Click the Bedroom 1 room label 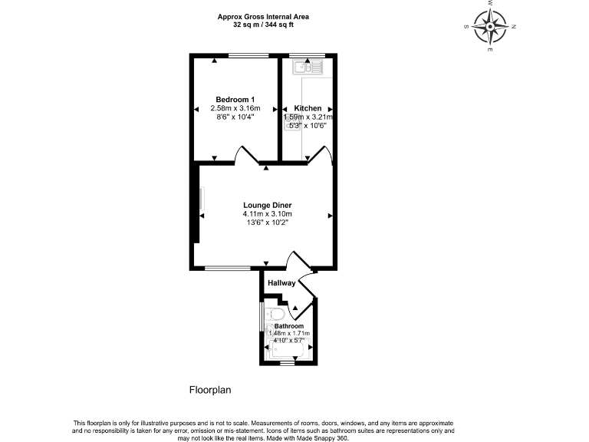click(x=235, y=100)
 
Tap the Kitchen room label click(x=308, y=108)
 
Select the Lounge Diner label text click(x=268, y=205)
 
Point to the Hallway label click(x=281, y=283)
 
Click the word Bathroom click(x=289, y=326)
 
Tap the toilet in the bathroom click(x=277, y=315)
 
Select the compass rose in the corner click(x=490, y=27)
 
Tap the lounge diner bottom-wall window click(x=227, y=269)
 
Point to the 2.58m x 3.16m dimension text click(x=235, y=108)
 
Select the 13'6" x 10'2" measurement click(x=268, y=223)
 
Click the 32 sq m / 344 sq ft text click(x=264, y=25)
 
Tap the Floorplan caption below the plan click(x=210, y=390)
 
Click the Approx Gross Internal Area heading click(x=264, y=16)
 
